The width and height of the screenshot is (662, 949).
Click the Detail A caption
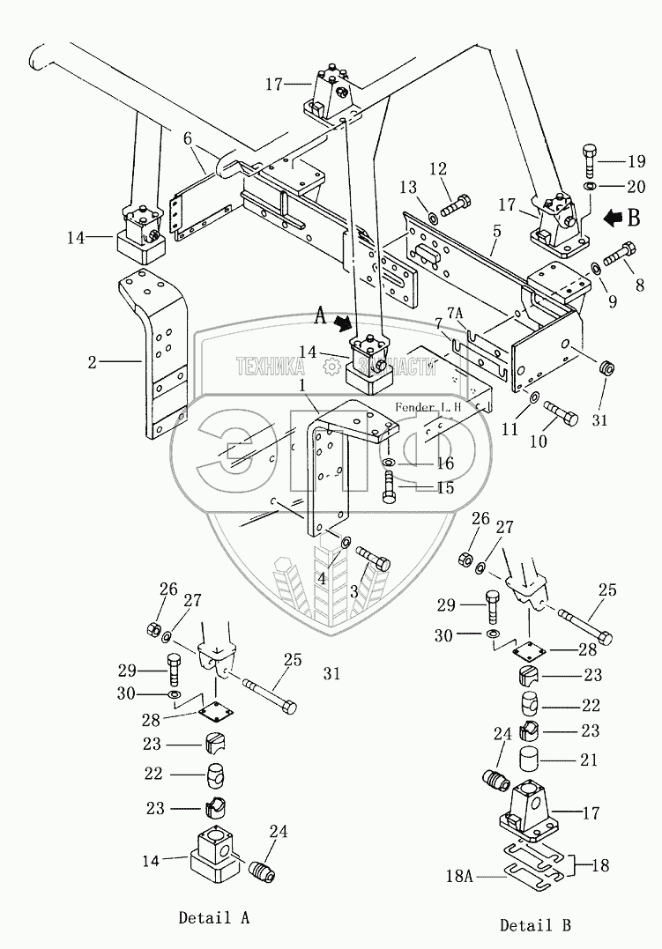[x=213, y=917]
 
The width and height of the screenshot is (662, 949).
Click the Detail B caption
[x=535, y=924]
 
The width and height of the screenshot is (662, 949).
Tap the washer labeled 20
[x=589, y=187]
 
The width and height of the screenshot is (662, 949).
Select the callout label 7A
[x=455, y=313]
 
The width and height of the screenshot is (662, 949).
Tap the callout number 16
[x=445, y=463]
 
